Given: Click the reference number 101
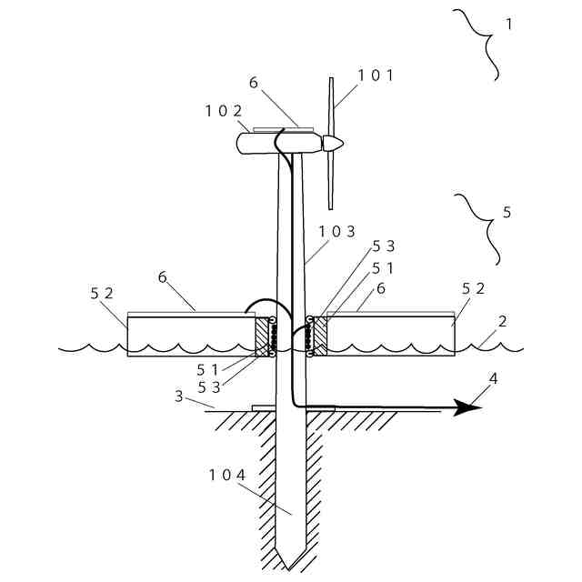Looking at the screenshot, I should (x=375, y=75).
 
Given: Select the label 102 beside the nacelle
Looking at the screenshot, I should (x=223, y=112).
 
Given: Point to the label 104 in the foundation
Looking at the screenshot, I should (x=227, y=474).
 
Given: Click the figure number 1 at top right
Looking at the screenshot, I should (x=508, y=25).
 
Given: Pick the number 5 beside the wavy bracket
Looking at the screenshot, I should (x=507, y=212).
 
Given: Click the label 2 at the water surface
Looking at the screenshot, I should (x=501, y=321).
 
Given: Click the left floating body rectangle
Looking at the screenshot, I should (x=191, y=336).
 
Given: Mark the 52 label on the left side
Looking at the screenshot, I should (x=102, y=293).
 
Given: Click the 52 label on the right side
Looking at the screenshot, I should (x=474, y=288).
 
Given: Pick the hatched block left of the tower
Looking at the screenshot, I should (x=263, y=336).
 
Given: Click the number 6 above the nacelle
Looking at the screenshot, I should (x=254, y=83).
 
